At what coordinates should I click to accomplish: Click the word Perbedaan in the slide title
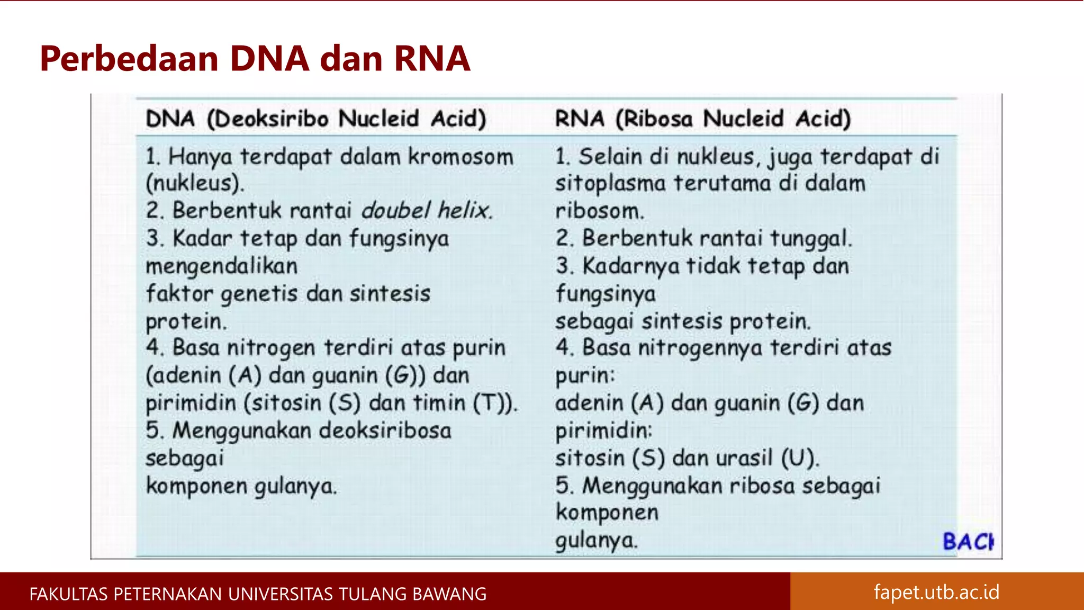coord(129,58)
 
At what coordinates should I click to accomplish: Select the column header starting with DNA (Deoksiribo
coord(315,118)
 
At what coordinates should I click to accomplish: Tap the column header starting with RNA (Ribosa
coord(702,118)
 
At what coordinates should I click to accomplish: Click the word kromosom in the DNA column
coord(460,157)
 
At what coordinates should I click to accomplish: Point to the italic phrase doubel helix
coord(427,211)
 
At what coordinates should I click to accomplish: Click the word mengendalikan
coord(221,266)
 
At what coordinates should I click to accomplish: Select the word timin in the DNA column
coord(438,403)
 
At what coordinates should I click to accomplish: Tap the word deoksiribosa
coord(385,430)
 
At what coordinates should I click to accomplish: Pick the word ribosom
coord(599,211)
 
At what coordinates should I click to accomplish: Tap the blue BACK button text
coord(968,542)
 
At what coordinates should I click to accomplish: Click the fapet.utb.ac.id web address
coord(936,592)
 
